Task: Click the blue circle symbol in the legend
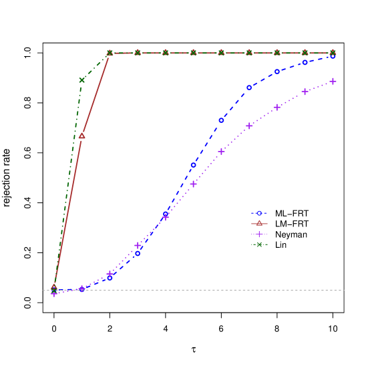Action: [259, 213]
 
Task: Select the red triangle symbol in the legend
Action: [259, 223]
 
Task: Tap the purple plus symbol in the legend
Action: [259, 234]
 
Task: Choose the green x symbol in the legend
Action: [259, 244]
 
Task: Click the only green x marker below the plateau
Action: [82, 80]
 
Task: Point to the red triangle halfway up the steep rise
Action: [82, 136]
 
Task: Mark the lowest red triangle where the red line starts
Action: [54, 287]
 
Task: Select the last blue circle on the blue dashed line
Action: [333, 55]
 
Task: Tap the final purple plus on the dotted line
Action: [333, 81]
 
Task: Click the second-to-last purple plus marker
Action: [305, 91]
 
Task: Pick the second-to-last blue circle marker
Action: [305, 62]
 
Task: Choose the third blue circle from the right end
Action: [277, 71]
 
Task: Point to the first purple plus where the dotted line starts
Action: [54, 293]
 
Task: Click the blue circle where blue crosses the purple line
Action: [166, 214]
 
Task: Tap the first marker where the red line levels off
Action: [110, 52]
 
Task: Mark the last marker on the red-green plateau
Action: [333, 52]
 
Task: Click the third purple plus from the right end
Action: [277, 107]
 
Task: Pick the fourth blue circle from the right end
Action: [249, 87]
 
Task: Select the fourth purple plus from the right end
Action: [249, 126]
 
